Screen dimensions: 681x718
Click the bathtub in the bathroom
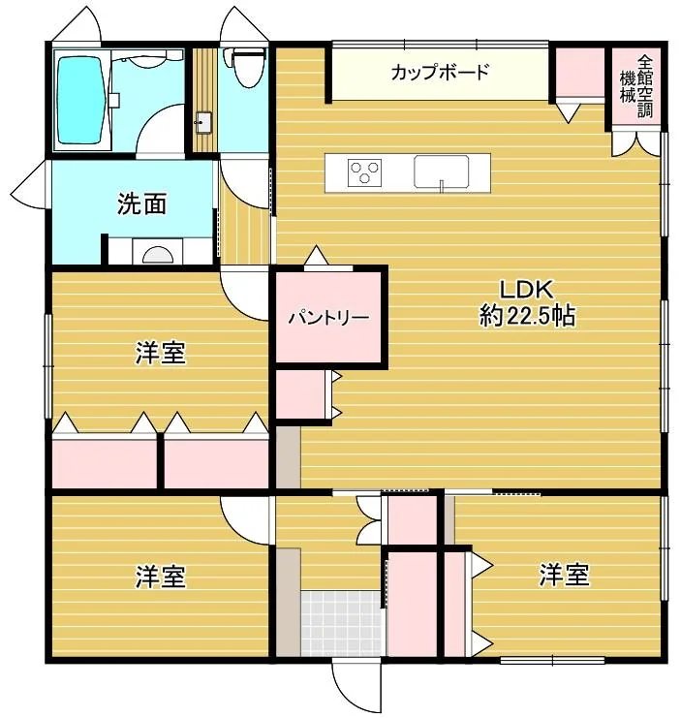tap(79, 100)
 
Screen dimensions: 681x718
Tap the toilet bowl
tap(247, 67)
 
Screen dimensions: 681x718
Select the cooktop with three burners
tap(364, 172)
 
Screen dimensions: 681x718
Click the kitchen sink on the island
tap(441, 172)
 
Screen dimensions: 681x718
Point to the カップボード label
tap(440, 73)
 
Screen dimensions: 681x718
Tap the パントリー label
tap(328, 318)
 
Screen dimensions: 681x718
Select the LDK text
tap(526, 289)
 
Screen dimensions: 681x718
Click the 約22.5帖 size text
tap(527, 316)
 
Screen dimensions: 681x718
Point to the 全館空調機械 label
tap(636, 86)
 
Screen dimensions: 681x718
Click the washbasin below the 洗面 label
tap(158, 255)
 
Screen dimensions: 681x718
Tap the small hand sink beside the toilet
tap(203, 122)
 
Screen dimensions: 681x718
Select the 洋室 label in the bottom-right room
tap(565, 576)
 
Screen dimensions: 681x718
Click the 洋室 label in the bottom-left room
tap(160, 577)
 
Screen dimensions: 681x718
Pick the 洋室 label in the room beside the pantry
tap(160, 353)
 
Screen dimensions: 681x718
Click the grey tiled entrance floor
tap(341, 623)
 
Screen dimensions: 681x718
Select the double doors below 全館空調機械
tap(636, 143)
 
